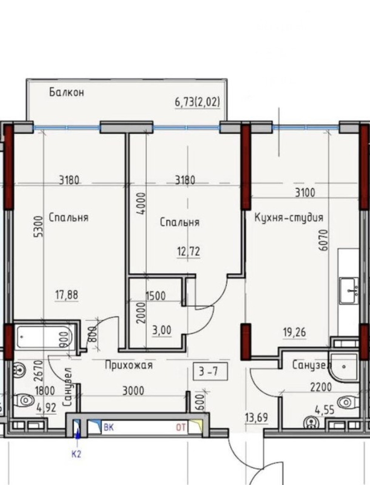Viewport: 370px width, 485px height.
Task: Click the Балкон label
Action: [x=67, y=92]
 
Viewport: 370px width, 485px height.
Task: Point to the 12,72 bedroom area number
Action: [x=189, y=251]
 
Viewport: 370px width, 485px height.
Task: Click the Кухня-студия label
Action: [x=289, y=218]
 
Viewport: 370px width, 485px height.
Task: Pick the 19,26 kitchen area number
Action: [x=295, y=332]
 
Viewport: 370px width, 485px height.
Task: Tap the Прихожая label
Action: [x=129, y=365]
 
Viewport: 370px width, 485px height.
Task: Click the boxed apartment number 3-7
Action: [x=210, y=371]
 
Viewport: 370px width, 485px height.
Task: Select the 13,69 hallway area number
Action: [x=256, y=411]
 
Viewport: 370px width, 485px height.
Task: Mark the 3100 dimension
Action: [x=305, y=193]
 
